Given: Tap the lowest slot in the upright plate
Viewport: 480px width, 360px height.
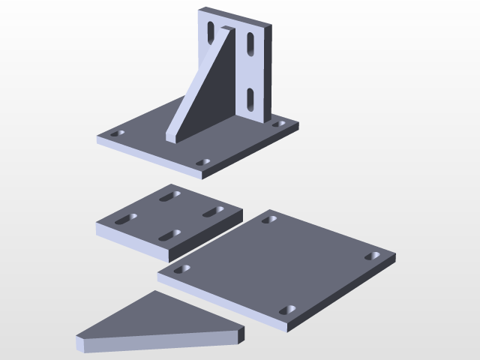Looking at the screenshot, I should point(247,97).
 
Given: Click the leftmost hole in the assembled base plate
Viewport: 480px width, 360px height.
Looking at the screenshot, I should point(117,134).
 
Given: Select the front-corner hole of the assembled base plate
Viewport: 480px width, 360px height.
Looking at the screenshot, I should point(202,161).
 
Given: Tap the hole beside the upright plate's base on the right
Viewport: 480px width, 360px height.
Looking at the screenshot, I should point(279,123).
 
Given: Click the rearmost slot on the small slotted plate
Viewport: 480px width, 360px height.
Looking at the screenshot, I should point(172,196).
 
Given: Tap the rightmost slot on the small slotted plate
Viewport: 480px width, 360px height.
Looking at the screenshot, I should point(214,211).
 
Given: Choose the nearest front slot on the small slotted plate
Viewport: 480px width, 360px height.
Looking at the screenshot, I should point(170,235).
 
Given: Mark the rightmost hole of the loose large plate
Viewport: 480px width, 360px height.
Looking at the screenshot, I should point(373,256).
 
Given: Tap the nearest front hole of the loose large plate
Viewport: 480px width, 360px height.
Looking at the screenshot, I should point(287,309).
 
